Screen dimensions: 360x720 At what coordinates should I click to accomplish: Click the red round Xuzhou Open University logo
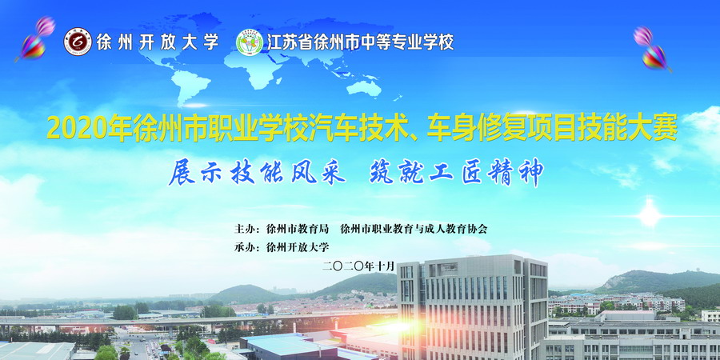[78, 42]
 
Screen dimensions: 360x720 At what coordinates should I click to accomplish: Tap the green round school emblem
[250, 42]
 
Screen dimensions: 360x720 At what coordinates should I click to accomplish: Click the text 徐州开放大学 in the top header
[157, 42]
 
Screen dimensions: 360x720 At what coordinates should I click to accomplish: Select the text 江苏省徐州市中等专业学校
[359, 42]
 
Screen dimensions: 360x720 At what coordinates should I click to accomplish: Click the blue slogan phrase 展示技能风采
[256, 173]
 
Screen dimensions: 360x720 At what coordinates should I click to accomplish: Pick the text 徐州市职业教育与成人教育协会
[414, 229]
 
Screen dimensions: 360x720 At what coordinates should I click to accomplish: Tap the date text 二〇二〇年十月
[359, 266]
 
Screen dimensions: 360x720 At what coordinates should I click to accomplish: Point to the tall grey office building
[472, 308]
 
